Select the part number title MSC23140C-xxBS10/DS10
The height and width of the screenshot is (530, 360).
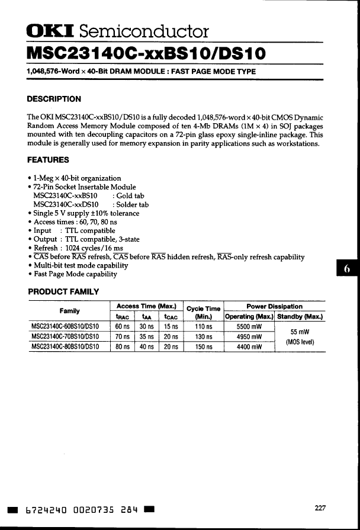point(146,54)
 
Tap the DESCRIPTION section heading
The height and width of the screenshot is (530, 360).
point(54,99)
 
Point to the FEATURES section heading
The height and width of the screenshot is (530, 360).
point(48,160)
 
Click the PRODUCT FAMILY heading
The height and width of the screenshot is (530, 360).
point(63,291)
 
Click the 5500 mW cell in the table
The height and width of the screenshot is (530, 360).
point(249,326)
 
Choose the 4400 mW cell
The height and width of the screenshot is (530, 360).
point(249,347)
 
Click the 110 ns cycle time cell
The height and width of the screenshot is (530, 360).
point(204,326)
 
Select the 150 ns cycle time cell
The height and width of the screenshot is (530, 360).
point(204,347)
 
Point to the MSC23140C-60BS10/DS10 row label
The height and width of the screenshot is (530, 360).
point(69,326)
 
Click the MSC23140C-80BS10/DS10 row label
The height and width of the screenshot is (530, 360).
point(69,347)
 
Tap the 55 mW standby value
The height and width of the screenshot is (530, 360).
point(300,332)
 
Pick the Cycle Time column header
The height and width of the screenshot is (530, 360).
point(204,309)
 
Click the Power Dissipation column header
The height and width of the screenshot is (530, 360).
point(274,306)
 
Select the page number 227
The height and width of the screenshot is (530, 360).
point(320,507)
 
